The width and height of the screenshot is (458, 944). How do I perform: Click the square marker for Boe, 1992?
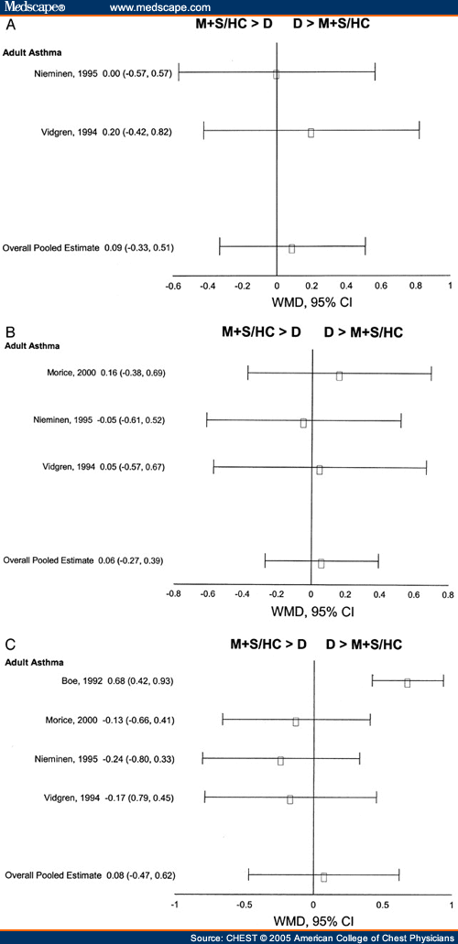point(407,682)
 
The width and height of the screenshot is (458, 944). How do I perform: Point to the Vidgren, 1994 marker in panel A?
point(311,133)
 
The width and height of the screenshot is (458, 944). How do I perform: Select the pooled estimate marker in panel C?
point(323,876)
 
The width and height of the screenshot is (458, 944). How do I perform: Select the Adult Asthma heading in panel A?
point(33,53)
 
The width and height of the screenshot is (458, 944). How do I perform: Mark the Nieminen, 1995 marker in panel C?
point(280,760)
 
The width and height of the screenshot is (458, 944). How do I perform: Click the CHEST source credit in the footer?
point(322,937)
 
